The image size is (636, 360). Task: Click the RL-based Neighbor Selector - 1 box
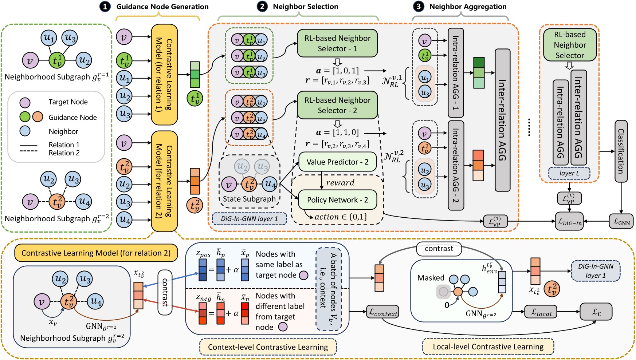click(337, 43)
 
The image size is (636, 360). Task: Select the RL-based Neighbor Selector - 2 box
click(337, 105)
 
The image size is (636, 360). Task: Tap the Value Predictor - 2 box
click(337, 162)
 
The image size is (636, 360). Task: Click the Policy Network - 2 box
click(337, 200)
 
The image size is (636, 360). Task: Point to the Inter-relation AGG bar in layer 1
click(502, 120)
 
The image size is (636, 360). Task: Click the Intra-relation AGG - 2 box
click(456, 166)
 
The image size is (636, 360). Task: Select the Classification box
click(621, 151)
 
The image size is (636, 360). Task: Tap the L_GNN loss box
click(621, 221)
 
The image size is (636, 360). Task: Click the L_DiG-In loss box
click(569, 221)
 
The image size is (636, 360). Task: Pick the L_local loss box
click(541, 312)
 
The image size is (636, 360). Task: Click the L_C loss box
click(596, 312)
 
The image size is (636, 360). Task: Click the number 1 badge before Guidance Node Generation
click(105, 7)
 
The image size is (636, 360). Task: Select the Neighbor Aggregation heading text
click(468, 7)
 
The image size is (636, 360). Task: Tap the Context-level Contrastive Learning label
click(268, 347)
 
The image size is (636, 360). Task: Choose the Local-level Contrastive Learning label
click(488, 347)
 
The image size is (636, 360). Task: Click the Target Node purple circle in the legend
click(25, 102)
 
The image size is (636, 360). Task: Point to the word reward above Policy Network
click(340, 183)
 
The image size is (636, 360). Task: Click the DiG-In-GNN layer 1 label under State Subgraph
click(249, 219)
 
